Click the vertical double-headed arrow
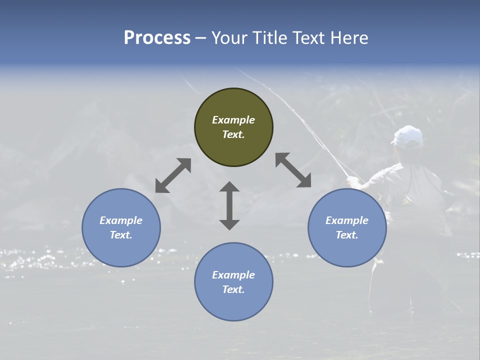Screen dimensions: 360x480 point(229,205)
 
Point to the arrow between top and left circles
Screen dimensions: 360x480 point(173,175)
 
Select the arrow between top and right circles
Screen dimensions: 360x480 point(293,170)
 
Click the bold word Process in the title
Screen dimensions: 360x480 point(157,37)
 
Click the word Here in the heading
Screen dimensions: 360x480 point(349,37)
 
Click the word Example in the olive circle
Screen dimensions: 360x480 point(233,120)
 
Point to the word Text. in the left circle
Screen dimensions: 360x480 point(121,235)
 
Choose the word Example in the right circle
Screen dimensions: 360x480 point(347,220)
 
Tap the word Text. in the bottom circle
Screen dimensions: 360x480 point(233,289)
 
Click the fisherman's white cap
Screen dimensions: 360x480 point(407,135)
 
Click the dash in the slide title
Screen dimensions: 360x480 point(201,38)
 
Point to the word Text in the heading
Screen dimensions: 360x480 point(308,37)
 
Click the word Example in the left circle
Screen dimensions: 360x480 point(121,220)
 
